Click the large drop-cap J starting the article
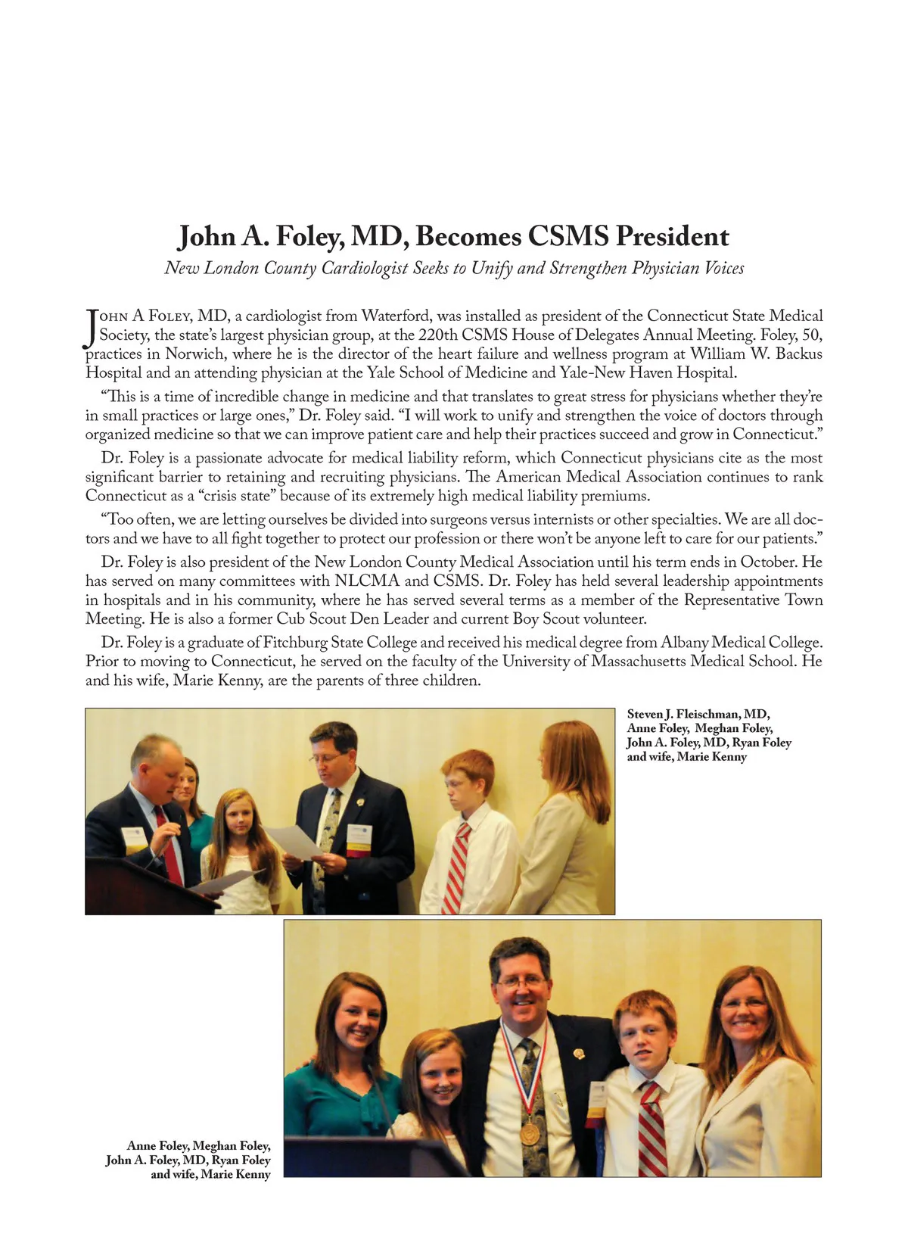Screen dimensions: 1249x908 click(x=92, y=328)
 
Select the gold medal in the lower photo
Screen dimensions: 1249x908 click(x=530, y=1132)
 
